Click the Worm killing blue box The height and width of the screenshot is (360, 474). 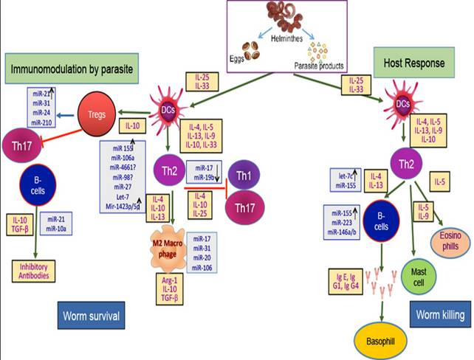tap(439, 316)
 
